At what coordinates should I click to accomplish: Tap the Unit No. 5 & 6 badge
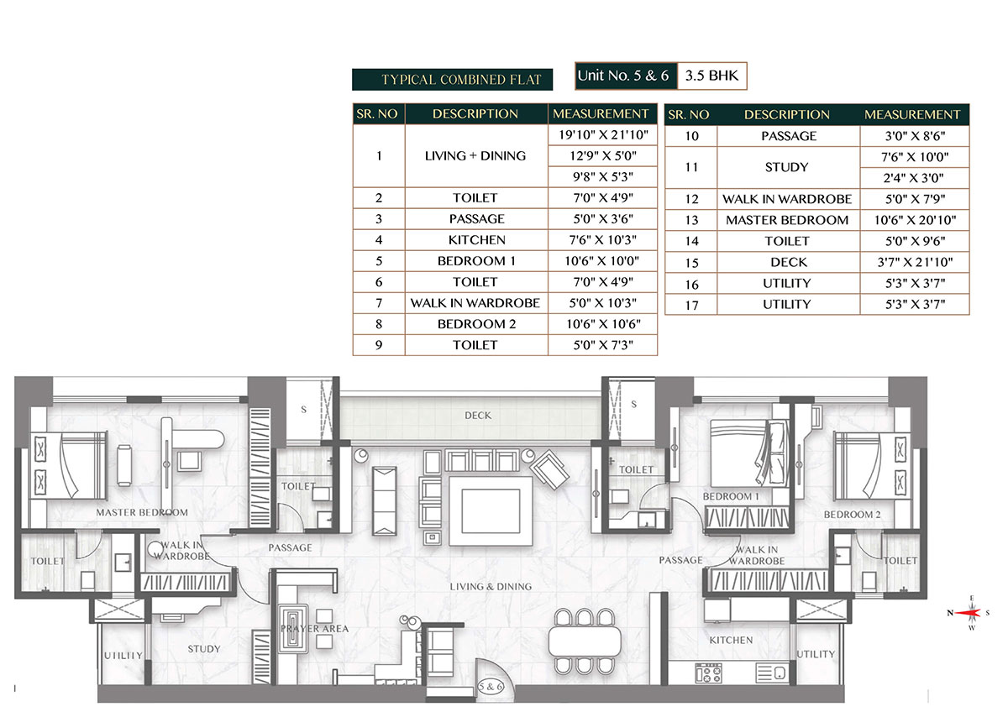[x=624, y=76]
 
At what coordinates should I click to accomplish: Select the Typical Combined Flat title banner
[x=452, y=80]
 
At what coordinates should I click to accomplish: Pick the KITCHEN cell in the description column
[x=475, y=240]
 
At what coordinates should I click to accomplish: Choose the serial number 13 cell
[x=690, y=220]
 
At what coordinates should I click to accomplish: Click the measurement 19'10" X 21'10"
[x=602, y=135]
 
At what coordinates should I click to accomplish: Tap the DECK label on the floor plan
[x=478, y=416]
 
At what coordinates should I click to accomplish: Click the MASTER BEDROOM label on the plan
[x=141, y=512]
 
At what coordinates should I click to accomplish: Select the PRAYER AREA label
[x=314, y=628]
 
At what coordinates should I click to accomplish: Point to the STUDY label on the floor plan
[x=204, y=649]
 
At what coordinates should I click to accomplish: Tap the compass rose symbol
[x=972, y=613]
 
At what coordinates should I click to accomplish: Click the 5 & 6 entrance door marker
[x=489, y=685]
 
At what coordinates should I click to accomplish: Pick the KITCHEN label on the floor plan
[x=731, y=641]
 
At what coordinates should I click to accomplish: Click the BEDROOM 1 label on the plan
[x=730, y=497]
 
